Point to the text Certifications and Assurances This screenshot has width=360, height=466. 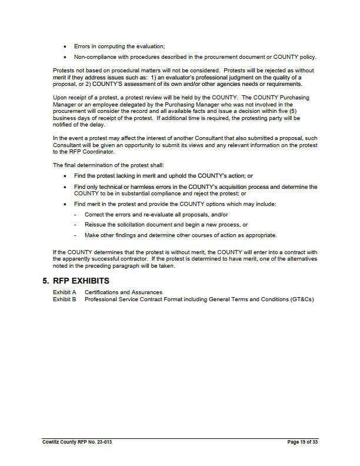(x=123, y=292)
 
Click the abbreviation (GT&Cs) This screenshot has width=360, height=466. (x=302, y=299)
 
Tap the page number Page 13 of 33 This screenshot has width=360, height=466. (x=301, y=441)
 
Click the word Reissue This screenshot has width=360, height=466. (x=95, y=225)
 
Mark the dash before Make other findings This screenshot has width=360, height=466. (x=75, y=235)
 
